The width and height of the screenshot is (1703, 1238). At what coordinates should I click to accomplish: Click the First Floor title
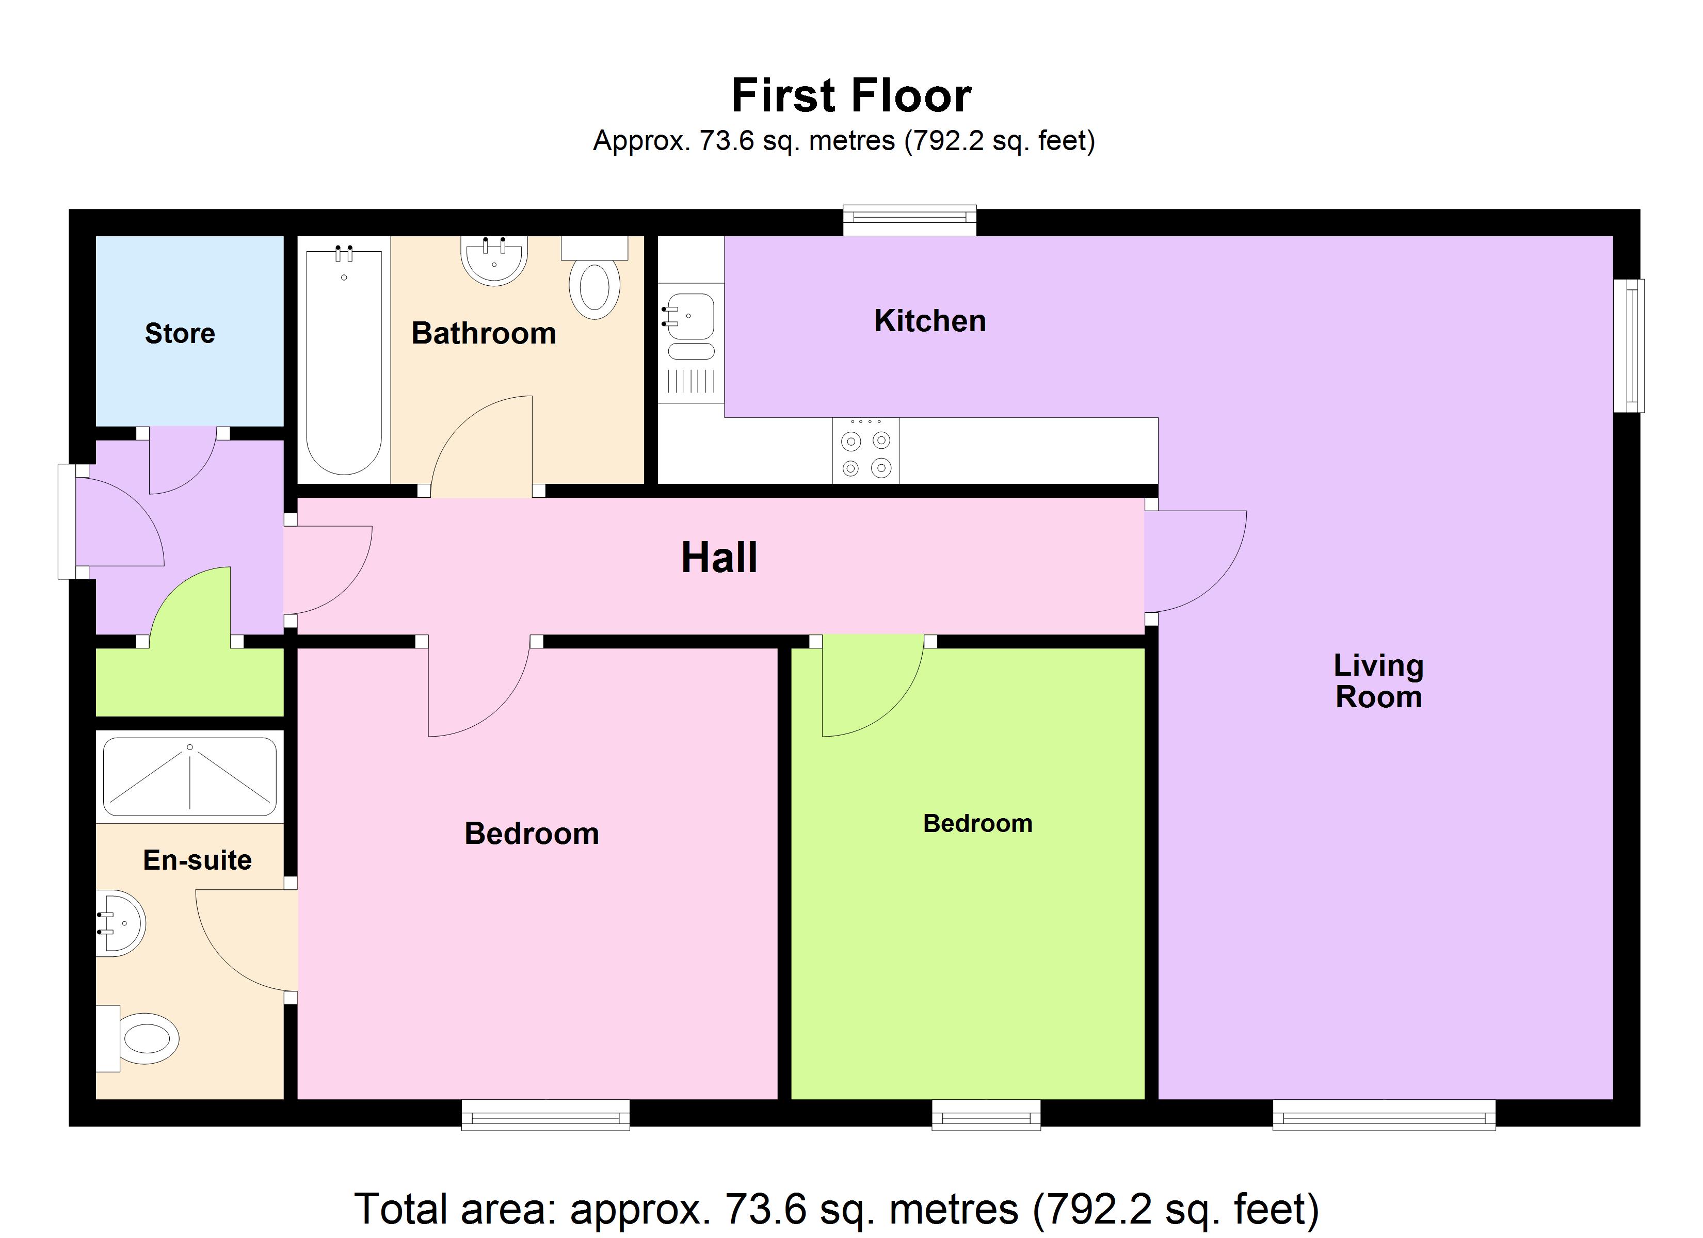point(851,96)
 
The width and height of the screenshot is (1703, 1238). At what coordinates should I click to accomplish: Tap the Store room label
point(180,333)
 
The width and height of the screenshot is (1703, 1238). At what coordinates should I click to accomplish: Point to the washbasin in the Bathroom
point(494,260)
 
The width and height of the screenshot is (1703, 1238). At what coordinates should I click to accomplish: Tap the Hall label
point(718,558)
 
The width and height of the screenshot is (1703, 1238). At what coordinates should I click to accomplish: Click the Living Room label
point(1378,681)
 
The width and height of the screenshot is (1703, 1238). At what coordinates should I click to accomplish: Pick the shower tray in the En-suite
point(190,777)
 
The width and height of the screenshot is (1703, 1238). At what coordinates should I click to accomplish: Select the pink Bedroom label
point(532,834)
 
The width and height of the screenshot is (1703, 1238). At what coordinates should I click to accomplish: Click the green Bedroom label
point(977,824)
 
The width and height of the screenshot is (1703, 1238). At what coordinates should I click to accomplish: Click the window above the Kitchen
point(909,219)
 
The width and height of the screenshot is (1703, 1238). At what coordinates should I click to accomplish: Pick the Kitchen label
point(929,321)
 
